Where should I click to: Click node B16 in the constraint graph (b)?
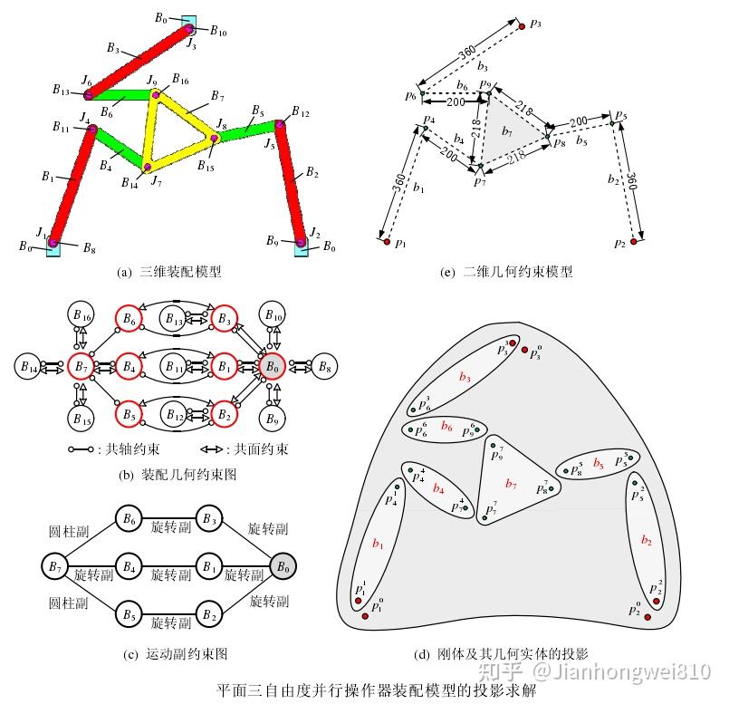tap(81, 318)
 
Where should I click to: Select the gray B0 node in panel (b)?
tap(272, 367)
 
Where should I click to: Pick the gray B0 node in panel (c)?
tap(283, 567)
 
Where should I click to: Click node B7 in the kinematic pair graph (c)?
tap(56, 567)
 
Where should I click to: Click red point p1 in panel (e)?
tap(386, 242)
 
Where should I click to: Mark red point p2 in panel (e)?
tap(634, 242)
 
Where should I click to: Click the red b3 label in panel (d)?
tap(465, 376)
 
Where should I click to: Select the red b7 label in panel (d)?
tap(512, 483)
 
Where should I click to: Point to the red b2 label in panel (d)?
tap(646, 541)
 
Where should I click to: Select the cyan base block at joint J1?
tap(53, 245)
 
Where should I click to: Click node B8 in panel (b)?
tap(322, 367)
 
